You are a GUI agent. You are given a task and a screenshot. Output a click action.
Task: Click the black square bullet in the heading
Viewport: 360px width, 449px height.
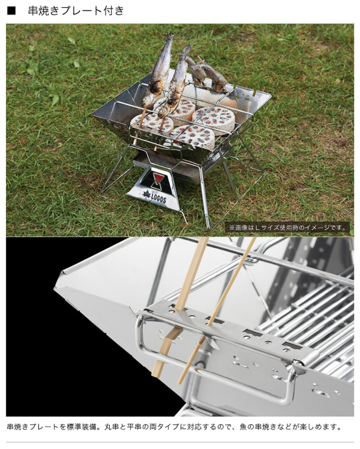[11, 11]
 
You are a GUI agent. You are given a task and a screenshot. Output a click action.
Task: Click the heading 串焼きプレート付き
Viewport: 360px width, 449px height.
[76, 11]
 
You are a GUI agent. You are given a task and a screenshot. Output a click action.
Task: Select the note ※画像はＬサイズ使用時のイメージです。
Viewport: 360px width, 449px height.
[287, 228]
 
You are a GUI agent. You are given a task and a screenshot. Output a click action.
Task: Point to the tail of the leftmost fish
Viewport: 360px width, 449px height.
[169, 37]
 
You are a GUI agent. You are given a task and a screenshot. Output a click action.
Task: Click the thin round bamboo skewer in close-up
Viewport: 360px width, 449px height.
[218, 309]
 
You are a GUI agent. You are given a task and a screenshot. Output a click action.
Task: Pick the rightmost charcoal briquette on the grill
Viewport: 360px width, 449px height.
[214, 120]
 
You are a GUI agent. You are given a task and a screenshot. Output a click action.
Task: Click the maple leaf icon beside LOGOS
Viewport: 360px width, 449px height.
[146, 195]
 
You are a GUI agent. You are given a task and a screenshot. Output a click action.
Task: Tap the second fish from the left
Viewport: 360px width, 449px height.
[175, 83]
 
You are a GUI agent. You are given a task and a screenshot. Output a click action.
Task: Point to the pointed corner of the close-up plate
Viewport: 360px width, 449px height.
[55, 288]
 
